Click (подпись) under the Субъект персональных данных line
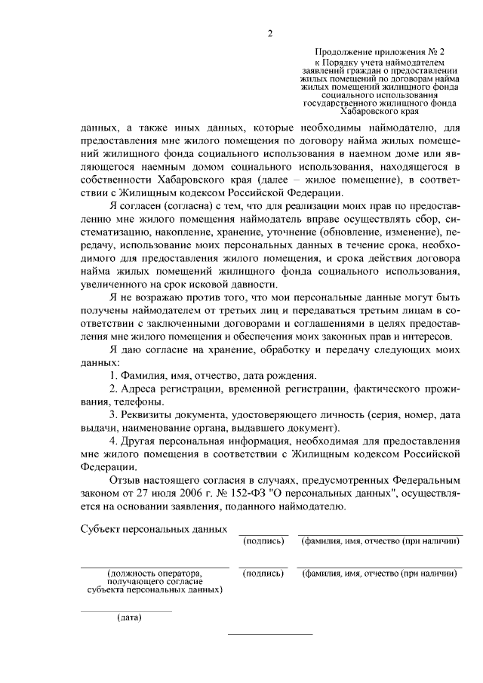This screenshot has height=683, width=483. [x=263, y=541]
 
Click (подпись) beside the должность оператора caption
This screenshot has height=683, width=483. [x=263, y=574]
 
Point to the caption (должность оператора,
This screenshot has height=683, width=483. [x=155, y=574]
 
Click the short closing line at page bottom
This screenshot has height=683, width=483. [x=269, y=634]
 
